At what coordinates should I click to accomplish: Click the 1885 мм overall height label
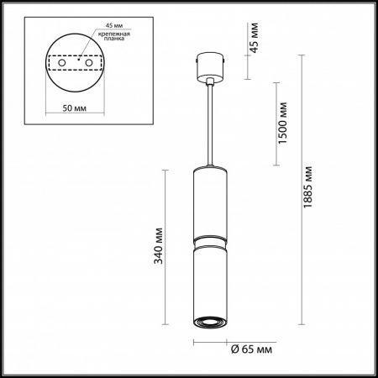tap(307, 187)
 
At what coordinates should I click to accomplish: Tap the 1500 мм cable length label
tap(283, 123)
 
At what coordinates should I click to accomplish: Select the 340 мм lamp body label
tap(159, 246)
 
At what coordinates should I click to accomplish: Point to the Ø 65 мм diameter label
tap(251, 349)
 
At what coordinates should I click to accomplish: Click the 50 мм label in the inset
tap(75, 108)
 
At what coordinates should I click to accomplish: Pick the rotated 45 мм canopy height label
tap(255, 38)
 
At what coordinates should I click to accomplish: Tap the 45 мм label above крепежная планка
tap(114, 25)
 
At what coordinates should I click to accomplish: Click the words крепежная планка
tap(114, 36)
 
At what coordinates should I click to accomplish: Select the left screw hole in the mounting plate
tap(62, 63)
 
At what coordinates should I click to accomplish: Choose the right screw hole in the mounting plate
tap(89, 63)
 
